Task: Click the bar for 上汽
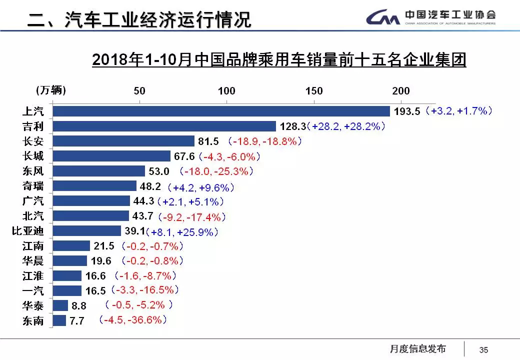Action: point(221,111)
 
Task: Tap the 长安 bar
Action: point(123,141)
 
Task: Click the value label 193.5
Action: point(407,111)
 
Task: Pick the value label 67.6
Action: point(184,156)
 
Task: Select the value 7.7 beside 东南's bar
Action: point(76,321)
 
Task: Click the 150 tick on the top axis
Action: point(314,91)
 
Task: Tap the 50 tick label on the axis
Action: point(139,91)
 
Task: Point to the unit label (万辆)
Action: point(50,90)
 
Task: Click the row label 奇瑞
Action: point(33,186)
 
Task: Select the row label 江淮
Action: point(33,276)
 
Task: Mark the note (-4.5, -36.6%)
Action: point(133,320)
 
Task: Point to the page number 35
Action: point(483,350)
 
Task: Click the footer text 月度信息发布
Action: point(417,349)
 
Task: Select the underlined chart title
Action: point(279,60)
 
